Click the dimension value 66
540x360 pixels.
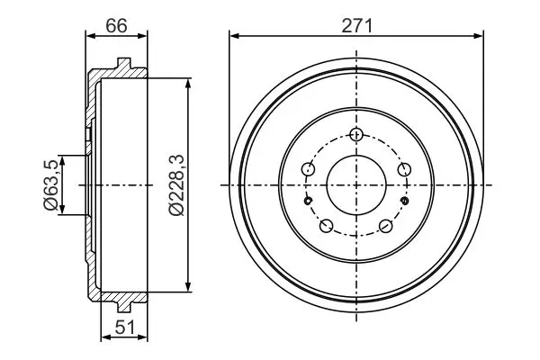pyautogui.click(x=116, y=26)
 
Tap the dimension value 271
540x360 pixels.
pyautogui.click(x=356, y=26)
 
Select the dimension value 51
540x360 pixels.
pyautogui.click(x=125, y=328)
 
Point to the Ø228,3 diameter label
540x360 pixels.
pyautogui.click(x=177, y=185)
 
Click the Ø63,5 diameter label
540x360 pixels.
pyautogui.click(x=51, y=185)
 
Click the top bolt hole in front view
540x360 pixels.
pyautogui.click(x=356, y=134)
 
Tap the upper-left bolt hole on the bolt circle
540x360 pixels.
pyautogui.click(x=308, y=169)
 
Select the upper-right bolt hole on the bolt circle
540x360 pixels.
pyautogui.click(x=404, y=169)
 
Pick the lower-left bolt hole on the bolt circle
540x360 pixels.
pyautogui.click(x=326, y=226)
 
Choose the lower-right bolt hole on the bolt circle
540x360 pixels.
pyautogui.click(x=386, y=226)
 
